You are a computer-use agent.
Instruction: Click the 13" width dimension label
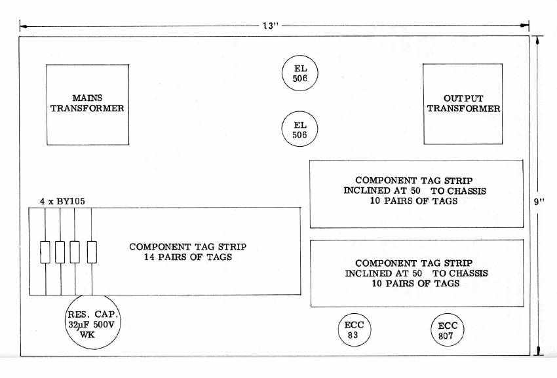coord(271,26)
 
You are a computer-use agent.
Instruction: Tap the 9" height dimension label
coord(539,202)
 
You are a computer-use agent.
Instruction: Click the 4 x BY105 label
coord(62,201)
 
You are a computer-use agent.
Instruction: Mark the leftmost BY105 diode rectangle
coord(45,252)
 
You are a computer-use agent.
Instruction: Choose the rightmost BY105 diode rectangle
coord(92,252)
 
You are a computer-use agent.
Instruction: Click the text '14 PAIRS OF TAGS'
coord(188,257)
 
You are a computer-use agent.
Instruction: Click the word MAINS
coord(87,98)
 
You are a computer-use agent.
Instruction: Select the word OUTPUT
coord(463,98)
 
